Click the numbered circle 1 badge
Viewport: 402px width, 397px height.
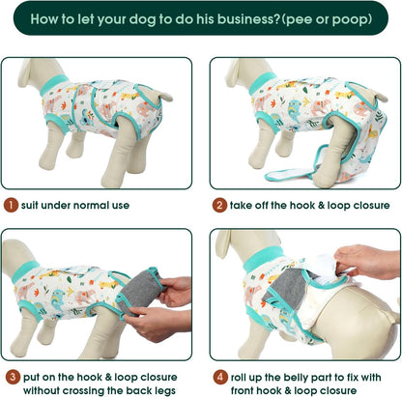pos(10,205)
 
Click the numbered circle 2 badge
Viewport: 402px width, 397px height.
pos(219,205)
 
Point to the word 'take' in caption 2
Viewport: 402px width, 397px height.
pos(246,205)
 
